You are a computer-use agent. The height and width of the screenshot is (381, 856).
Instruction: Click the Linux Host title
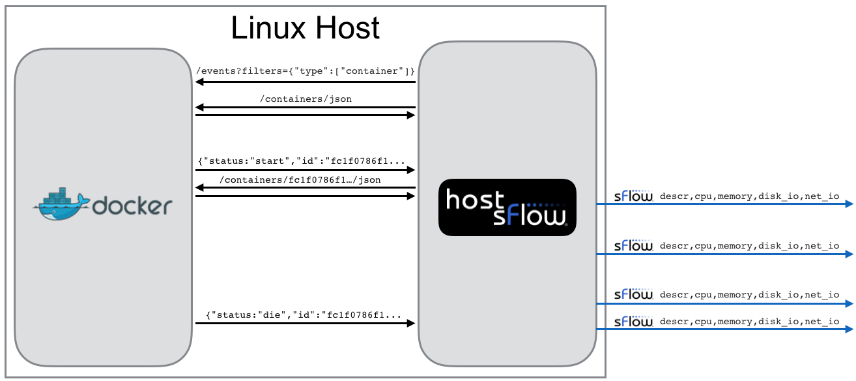[x=305, y=28]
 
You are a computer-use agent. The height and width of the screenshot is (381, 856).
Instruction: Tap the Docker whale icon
[x=61, y=204]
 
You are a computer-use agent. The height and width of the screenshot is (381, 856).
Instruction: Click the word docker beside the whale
[x=132, y=206]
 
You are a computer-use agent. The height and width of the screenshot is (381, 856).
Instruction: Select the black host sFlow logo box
[x=507, y=207]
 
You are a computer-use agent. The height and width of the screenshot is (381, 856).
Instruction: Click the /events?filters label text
[x=305, y=71]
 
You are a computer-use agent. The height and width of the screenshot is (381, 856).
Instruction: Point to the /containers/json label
[x=306, y=99]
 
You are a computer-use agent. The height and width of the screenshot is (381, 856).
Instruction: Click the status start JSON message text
[x=302, y=161]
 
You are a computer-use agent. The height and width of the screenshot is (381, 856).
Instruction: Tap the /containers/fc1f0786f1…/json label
[x=300, y=180]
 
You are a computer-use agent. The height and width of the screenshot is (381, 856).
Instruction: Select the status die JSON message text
[x=304, y=315]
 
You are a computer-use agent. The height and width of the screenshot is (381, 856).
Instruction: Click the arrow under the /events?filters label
[x=305, y=82]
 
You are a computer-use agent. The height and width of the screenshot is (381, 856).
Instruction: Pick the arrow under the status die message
[x=305, y=324]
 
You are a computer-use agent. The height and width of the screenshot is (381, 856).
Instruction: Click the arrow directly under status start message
[x=305, y=170]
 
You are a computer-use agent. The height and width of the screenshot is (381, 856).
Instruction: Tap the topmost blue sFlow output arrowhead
[x=849, y=204]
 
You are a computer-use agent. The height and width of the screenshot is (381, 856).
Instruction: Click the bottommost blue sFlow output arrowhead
[x=849, y=329]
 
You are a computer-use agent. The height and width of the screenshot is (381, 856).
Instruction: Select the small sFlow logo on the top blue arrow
[x=634, y=196]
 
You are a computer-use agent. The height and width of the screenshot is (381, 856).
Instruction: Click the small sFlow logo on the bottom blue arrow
[x=634, y=322]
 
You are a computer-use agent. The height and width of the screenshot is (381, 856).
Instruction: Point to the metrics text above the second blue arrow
[x=749, y=246]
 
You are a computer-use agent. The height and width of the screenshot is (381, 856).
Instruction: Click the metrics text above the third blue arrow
[x=749, y=295]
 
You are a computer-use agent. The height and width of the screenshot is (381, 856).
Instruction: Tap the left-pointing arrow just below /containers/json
[x=305, y=108]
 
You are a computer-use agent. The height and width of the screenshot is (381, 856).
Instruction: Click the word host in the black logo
[x=475, y=200]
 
